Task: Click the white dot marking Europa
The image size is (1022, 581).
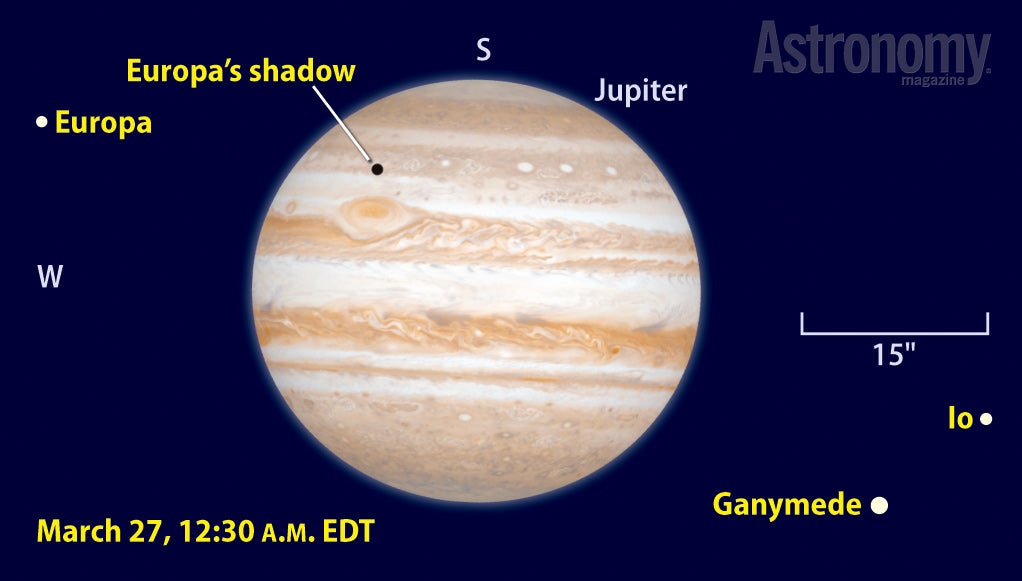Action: pyautogui.click(x=42, y=121)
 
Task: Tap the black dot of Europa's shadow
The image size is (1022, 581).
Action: pyautogui.click(x=377, y=170)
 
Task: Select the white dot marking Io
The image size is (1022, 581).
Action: pyautogui.click(x=986, y=419)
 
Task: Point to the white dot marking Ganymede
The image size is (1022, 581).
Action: pyautogui.click(x=879, y=505)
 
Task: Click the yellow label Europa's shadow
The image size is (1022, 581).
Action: pyautogui.click(x=241, y=71)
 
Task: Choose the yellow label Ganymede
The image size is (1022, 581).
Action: pyautogui.click(x=787, y=505)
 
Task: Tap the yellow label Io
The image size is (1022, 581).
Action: pyautogui.click(x=960, y=419)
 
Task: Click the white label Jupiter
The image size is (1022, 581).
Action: pyautogui.click(x=641, y=91)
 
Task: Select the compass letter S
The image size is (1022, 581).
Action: pyautogui.click(x=483, y=50)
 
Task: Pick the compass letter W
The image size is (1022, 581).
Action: pyautogui.click(x=50, y=276)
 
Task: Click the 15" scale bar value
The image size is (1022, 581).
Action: pyautogui.click(x=894, y=355)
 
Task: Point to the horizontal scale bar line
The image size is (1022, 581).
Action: pyautogui.click(x=895, y=333)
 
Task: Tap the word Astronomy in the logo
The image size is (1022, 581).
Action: pyautogui.click(x=871, y=49)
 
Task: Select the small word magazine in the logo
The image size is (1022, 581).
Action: pyautogui.click(x=933, y=81)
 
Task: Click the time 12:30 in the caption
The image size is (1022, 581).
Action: pyautogui.click(x=218, y=531)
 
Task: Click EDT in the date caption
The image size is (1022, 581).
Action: pyautogui.click(x=349, y=531)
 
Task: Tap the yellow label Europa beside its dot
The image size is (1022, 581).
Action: pyautogui.click(x=103, y=123)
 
